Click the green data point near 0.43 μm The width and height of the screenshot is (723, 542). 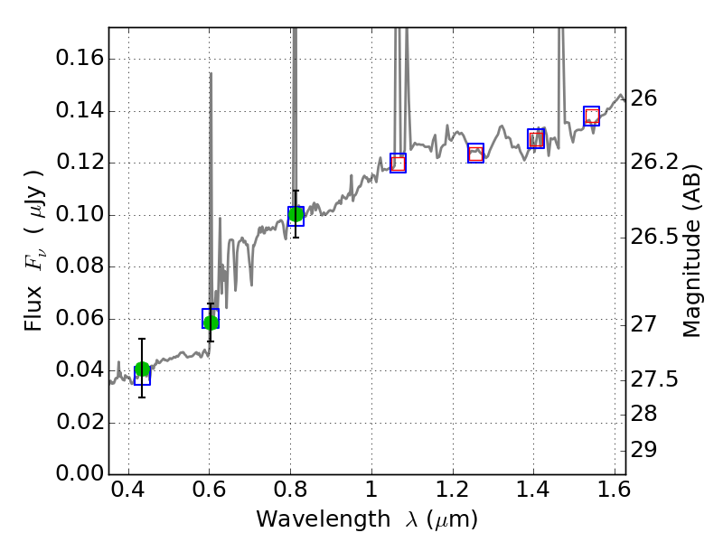tap(142, 369)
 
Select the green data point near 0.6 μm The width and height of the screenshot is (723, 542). tap(211, 322)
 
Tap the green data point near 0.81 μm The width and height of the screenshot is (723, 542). tap(296, 214)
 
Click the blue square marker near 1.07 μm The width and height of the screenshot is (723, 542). tap(398, 163)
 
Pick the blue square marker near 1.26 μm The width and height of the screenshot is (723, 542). tap(475, 153)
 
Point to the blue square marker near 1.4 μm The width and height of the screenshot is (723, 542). tap(536, 138)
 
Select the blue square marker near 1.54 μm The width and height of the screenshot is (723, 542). tap(591, 116)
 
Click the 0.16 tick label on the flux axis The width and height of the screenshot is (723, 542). tap(80, 59)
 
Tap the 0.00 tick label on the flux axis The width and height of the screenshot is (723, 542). tap(80, 474)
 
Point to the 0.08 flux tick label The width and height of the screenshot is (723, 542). tap(80, 266)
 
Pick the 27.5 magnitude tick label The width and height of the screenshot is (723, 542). tap(657, 379)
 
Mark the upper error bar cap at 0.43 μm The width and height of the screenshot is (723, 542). tap(142, 339)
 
